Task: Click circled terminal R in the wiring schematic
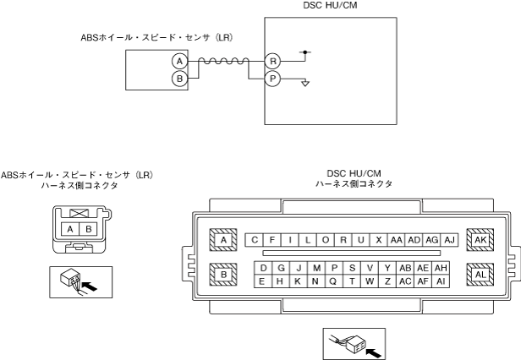272,62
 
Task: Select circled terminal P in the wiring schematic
272,79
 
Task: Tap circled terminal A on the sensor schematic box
178,62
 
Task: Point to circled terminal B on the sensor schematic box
178,79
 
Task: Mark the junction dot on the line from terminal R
305,52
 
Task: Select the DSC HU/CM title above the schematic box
331,5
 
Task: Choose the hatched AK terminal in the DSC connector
480,240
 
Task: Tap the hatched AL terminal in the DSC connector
480,275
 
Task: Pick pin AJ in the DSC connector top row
449,240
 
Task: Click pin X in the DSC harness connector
379,240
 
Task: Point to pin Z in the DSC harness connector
387,281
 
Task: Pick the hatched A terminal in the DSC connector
223,240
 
